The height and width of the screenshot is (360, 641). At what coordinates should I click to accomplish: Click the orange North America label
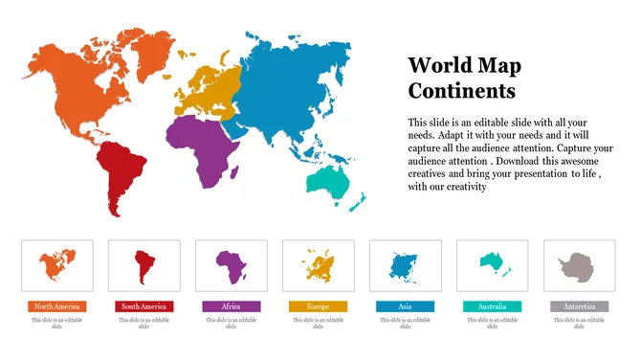(56, 306)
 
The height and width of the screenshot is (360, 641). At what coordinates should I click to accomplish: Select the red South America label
(144, 306)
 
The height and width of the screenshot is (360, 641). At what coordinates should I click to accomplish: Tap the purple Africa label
(231, 306)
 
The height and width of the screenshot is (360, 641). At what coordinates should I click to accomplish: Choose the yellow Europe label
(318, 306)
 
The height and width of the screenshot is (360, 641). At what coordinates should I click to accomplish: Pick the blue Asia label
(405, 306)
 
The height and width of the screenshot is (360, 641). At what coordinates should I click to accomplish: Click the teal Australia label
(492, 306)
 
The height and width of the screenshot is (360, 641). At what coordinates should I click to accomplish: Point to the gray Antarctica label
(579, 306)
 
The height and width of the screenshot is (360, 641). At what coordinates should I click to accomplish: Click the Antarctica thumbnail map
(579, 265)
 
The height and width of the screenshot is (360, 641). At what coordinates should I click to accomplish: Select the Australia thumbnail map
(493, 263)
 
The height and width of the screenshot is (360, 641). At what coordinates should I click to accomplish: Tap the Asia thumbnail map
(405, 265)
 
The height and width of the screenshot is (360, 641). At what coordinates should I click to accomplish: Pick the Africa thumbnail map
(231, 265)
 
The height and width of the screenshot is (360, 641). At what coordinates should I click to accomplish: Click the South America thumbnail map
(144, 265)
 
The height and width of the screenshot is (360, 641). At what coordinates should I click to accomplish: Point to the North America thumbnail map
(56, 264)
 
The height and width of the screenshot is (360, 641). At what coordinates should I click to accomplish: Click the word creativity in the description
(467, 187)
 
